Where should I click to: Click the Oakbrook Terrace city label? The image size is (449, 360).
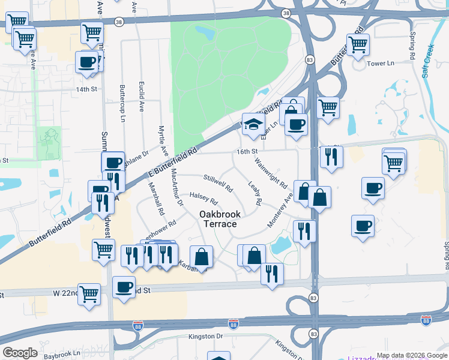tap(218, 219)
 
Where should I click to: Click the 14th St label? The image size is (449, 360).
tap(86, 89)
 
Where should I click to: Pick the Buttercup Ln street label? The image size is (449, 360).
tap(122, 101)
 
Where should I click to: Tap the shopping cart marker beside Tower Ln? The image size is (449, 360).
tap(358, 44)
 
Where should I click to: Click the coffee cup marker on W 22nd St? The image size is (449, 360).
tap(124, 287)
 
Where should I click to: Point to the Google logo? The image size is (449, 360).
tap(20, 353)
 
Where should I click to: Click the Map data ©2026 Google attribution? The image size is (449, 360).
tap(412, 355)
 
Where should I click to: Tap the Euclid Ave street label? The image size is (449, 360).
tap(142, 97)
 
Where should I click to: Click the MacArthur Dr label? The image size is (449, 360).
tap(176, 187)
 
